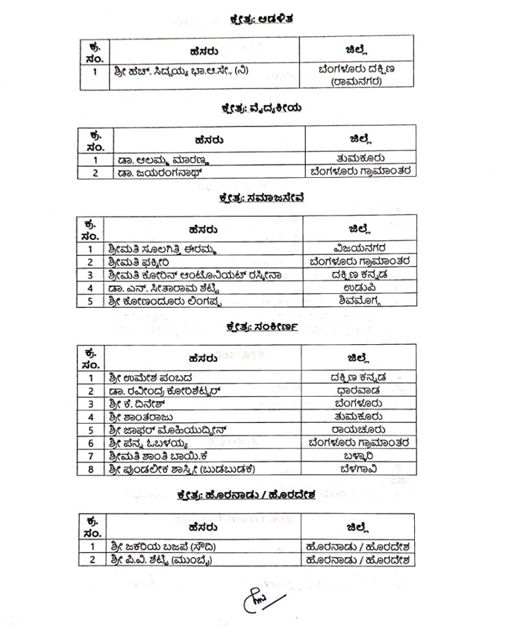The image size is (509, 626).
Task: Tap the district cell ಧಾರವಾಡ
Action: pos(359,390)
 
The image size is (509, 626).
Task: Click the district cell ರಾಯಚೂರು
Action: pos(359,429)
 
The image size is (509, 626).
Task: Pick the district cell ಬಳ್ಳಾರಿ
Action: pos(359,455)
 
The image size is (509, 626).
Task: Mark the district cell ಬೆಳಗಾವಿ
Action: pos(359,469)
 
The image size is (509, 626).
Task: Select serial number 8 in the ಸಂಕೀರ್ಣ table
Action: pos(91,469)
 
